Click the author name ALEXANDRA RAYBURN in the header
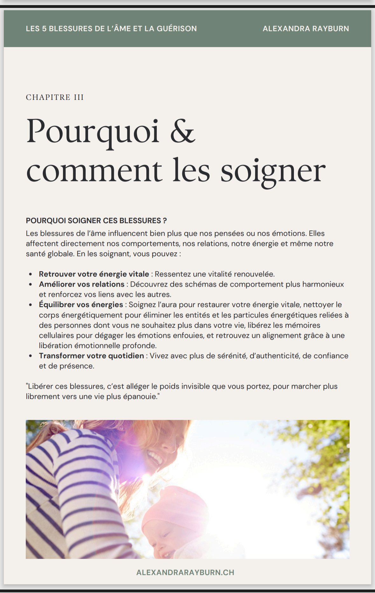[306, 29]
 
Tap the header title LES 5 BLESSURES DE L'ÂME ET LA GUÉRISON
[111, 29]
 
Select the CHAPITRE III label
[55, 97]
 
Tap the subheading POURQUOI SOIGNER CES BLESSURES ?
[96, 221]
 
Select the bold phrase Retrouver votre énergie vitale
[94, 274]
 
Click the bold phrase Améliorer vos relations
[81, 284]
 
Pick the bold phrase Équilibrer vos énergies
[81, 304]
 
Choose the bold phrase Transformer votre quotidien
[91, 356]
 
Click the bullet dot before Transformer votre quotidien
[31, 356]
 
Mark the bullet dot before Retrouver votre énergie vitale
[31, 274]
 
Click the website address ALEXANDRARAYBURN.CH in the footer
[185, 572]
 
